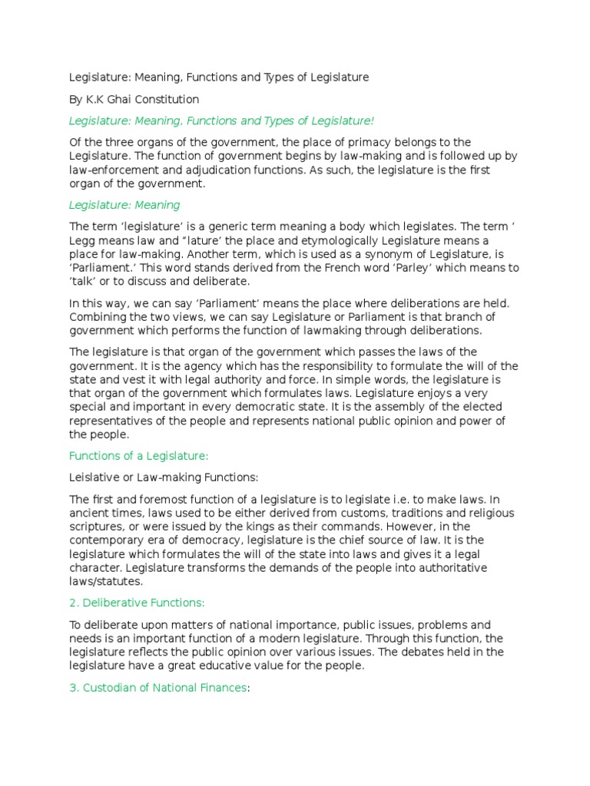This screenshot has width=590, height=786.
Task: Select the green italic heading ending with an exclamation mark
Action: tap(221, 121)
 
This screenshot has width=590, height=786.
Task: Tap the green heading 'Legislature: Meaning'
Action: tap(124, 205)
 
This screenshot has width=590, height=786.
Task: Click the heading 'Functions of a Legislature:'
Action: tap(139, 456)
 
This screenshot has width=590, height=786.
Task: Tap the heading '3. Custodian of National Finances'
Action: tap(157, 688)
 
